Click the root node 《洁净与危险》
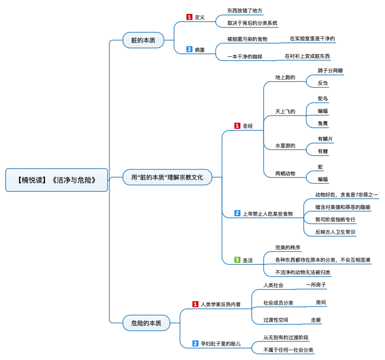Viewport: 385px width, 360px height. click(56, 180)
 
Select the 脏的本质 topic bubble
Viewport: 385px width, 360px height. click(143, 40)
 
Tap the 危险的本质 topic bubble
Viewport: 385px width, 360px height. click(146, 323)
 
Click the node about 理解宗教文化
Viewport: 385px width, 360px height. click(167, 177)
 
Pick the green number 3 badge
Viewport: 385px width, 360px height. click(237, 260)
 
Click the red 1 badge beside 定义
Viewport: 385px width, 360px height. click(189, 17)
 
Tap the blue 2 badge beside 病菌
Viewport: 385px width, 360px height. click(189, 49)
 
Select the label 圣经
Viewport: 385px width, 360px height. click(248, 126)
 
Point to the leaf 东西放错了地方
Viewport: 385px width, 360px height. click(244, 10)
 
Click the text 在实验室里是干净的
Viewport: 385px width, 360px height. click(312, 39)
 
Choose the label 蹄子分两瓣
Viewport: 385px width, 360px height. click(330, 71)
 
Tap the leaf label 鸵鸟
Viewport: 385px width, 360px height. click(322, 99)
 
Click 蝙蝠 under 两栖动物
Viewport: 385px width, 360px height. click(322, 179)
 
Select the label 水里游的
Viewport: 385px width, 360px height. click(285, 146)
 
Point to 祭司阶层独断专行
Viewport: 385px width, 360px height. click(335, 220)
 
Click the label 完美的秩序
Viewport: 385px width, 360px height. click(287, 247)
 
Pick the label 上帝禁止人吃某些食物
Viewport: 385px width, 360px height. click(268, 214)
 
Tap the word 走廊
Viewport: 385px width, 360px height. click(316, 320)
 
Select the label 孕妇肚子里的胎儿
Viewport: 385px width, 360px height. click(221, 344)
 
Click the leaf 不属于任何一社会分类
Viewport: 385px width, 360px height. click(288, 350)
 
